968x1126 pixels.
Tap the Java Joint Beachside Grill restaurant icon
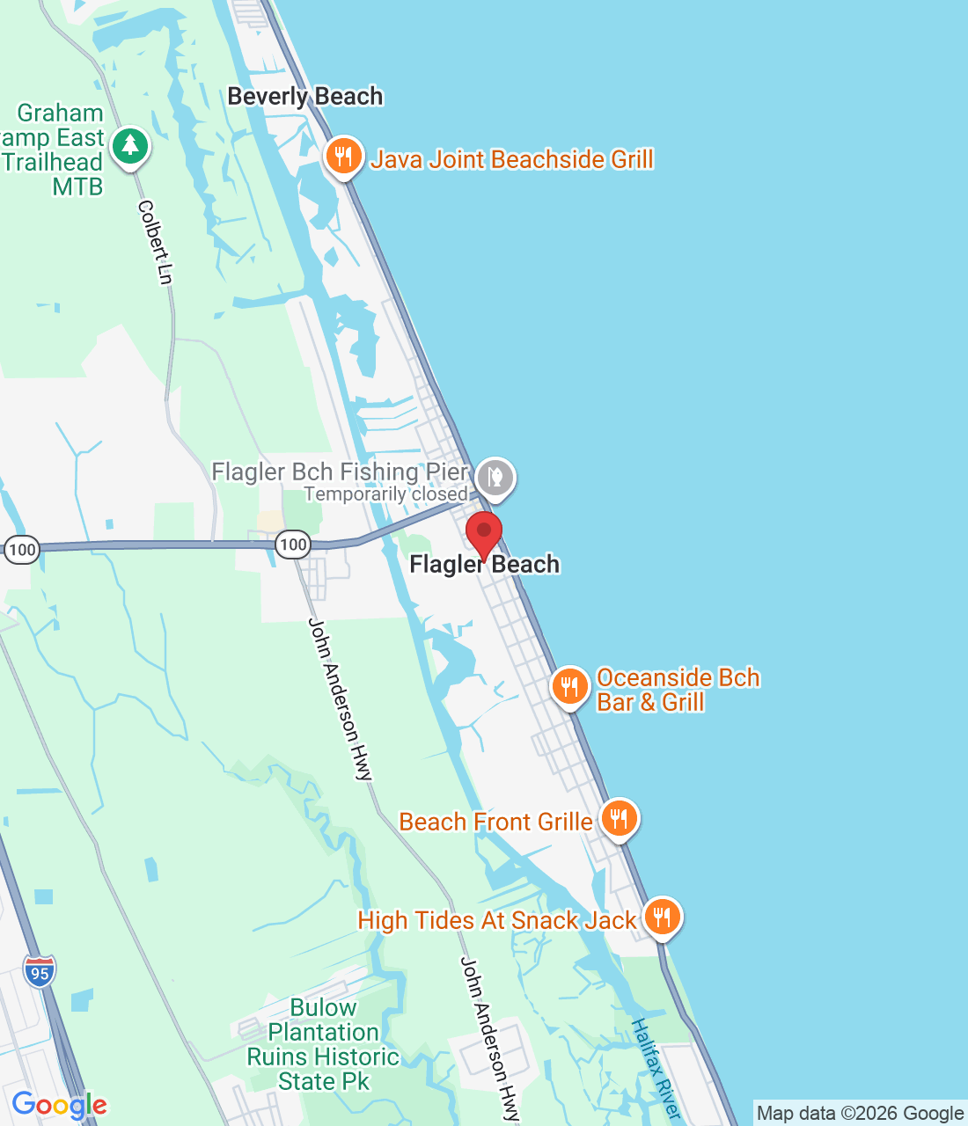344,157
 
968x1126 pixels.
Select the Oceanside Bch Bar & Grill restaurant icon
570,687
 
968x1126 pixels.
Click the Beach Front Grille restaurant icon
620,820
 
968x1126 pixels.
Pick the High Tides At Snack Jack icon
662,918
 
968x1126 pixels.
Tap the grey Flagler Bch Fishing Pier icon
495,479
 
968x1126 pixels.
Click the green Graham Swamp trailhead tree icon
130,145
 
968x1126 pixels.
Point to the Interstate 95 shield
40,972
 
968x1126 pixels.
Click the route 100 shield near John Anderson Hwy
293,545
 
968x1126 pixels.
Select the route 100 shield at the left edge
22,551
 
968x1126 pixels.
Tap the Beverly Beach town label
305,97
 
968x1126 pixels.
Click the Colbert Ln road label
154,242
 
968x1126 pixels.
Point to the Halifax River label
656,1069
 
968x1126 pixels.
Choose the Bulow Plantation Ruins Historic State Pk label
323,1044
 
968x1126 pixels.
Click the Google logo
59,1105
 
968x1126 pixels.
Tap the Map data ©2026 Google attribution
860,1114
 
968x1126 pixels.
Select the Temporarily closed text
385,494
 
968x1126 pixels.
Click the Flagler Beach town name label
484,565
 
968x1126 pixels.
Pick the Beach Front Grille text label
495,823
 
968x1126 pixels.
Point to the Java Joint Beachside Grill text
511,159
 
